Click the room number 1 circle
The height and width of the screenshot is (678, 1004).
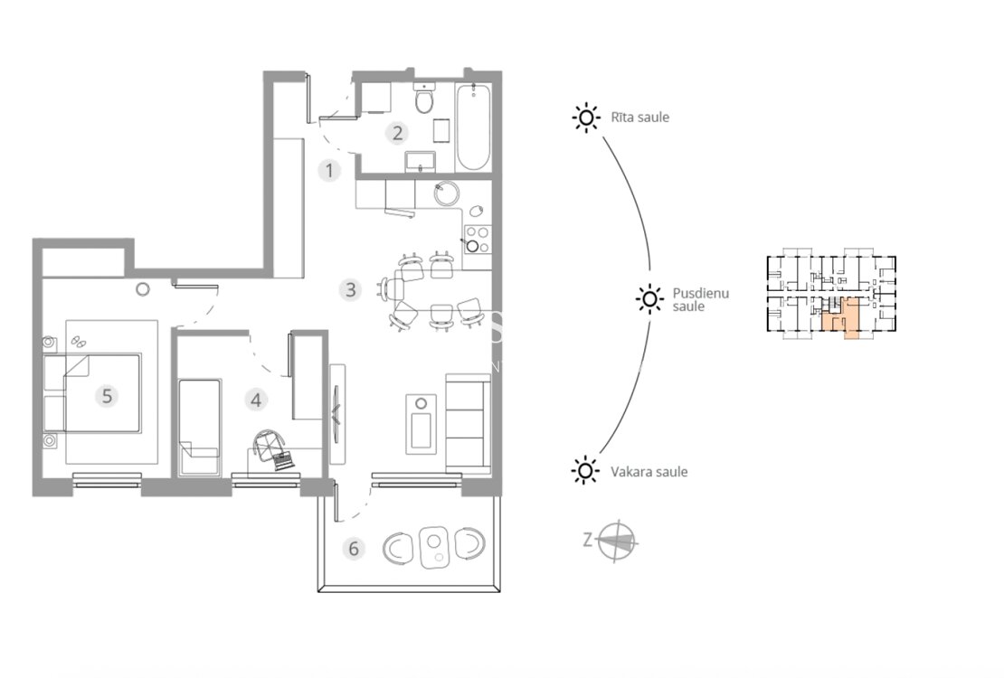[x=329, y=170]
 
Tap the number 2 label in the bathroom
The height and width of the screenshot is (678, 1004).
[x=397, y=133]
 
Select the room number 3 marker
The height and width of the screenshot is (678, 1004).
[x=350, y=290]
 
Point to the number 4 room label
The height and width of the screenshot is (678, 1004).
[x=255, y=400]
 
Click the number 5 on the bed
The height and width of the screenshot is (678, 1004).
[x=107, y=396]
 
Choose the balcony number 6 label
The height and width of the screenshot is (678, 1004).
[x=354, y=549]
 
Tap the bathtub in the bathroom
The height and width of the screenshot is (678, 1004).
[x=473, y=127]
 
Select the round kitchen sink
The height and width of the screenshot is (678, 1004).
[x=447, y=193]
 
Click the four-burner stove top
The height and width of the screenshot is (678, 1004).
[x=477, y=239]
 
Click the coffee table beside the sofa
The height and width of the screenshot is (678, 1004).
[x=421, y=424]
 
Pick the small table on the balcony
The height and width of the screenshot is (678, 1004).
[x=433, y=548]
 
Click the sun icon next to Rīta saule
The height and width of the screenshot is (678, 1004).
[x=586, y=118]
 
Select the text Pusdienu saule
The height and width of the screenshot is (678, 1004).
[x=700, y=299]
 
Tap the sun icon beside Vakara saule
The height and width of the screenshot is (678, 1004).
[x=585, y=471]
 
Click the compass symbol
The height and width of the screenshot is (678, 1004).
[x=617, y=541]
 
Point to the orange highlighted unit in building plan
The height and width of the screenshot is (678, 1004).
[x=840, y=318]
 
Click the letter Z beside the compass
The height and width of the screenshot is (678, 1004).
[x=588, y=540]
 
